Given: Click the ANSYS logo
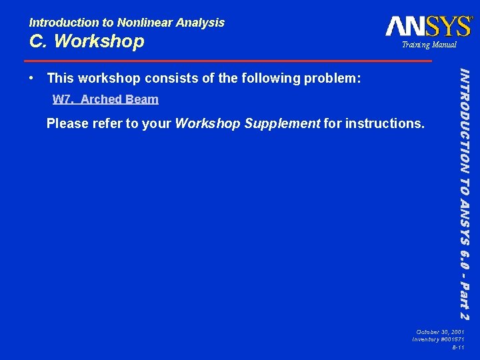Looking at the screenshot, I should coord(429,26).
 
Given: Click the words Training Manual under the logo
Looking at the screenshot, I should coord(429,45).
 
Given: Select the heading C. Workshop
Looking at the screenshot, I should coord(87,41).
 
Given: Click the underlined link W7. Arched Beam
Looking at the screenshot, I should coord(105,99).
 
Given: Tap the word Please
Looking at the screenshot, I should coord(65,123).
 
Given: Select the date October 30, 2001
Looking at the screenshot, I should coord(440,331).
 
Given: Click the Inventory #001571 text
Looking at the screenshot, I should coord(439,339).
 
